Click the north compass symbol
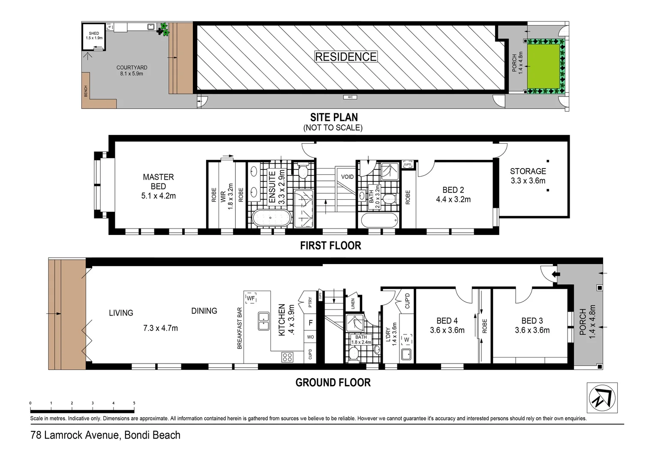click(x=602, y=397)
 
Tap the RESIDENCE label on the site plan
click(x=346, y=57)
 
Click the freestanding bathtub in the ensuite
click(x=271, y=218)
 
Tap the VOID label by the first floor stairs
click(x=347, y=177)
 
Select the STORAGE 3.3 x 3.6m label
click(x=528, y=176)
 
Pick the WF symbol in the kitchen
click(x=251, y=298)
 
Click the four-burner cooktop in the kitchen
click(x=287, y=357)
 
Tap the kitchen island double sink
click(x=264, y=321)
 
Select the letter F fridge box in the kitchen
click(x=310, y=322)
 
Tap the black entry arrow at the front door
click(x=556, y=274)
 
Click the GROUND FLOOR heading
click(x=333, y=382)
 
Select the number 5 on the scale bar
click(x=134, y=403)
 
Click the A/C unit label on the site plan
click(x=350, y=97)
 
